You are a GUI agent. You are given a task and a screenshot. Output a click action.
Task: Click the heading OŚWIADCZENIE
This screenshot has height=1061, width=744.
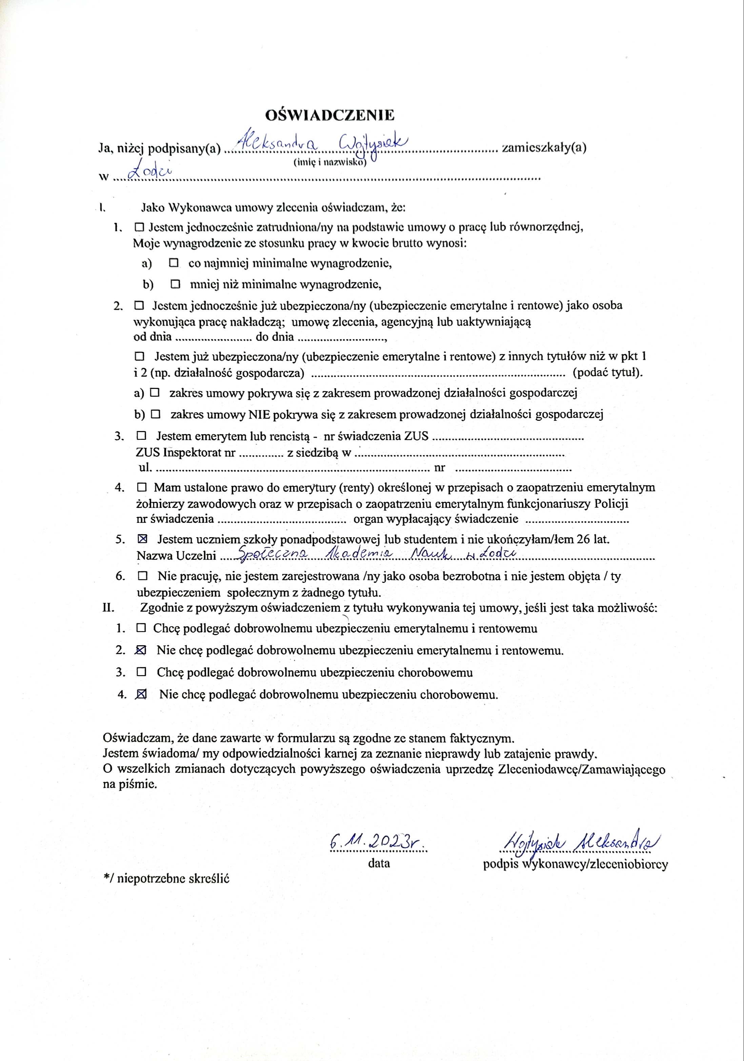pos(330,115)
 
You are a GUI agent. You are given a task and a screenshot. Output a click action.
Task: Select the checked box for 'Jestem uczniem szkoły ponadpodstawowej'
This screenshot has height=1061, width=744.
pos(143,539)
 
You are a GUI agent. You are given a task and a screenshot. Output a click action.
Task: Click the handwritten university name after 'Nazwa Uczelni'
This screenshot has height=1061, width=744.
pos(376,554)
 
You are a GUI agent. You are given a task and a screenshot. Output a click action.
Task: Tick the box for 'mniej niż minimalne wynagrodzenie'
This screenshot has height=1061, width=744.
pos(176,284)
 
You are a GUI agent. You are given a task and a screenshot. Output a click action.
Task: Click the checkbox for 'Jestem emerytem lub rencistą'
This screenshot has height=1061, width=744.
pos(142,435)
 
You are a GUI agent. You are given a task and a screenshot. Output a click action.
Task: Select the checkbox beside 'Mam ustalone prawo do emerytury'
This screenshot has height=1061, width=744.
pos(142,487)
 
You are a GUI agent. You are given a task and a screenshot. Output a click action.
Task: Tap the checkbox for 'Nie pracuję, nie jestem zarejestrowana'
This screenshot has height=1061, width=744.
pos(143,576)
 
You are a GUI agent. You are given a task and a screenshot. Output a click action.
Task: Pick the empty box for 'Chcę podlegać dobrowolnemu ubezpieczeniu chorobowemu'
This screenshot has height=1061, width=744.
pos(142,672)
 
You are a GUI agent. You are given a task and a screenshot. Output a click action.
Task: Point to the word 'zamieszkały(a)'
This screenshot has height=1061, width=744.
pos(544,148)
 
